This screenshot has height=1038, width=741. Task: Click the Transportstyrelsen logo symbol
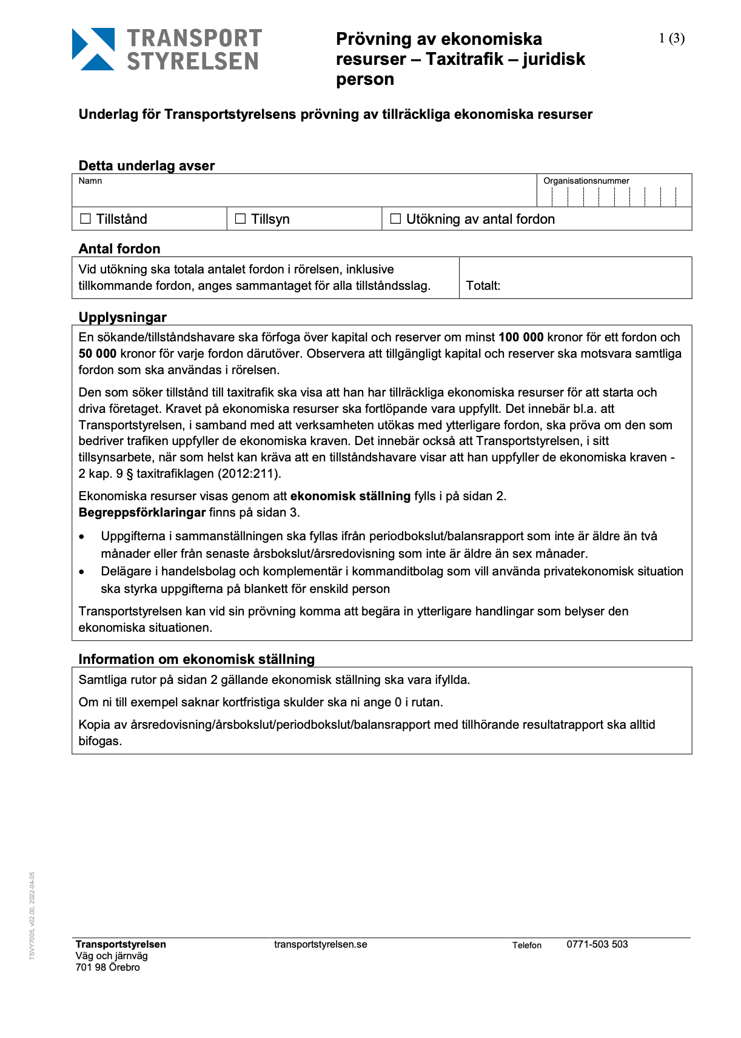(x=93, y=49)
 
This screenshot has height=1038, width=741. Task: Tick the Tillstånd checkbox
(x=85, y=219)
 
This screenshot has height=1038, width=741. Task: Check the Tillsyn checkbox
(x=241, y=219)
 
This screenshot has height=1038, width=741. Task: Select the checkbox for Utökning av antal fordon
(x=396, y=219)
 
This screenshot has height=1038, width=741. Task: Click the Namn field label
(x=90, y=181)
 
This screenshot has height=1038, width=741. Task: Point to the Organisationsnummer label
(x=586, y=181)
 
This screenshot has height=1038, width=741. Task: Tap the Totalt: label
(x=483, y=286)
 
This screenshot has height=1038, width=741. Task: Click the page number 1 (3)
(x=671, y=39)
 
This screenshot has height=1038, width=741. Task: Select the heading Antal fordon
(x=119, y=249)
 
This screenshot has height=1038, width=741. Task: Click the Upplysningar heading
(x=122, y=317)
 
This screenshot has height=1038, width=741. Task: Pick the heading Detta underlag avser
(x=147, y=166)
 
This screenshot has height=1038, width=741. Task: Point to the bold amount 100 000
(x=521, y=337)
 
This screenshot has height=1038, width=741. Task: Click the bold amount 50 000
(x=98, y=353)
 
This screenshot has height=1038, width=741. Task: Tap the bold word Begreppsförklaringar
(x=142, y=512)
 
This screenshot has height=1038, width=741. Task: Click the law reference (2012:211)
(x=250, y=474)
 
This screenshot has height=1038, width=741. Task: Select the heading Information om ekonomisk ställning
(x=196, y=659)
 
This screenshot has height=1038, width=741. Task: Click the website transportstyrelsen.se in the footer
(x=320, y=944)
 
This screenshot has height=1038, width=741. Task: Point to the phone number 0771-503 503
(x=597, y=944)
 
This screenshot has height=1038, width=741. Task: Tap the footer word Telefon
(x=526, y=945)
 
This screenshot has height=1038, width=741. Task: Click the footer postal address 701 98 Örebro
(x=108, y=967)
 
